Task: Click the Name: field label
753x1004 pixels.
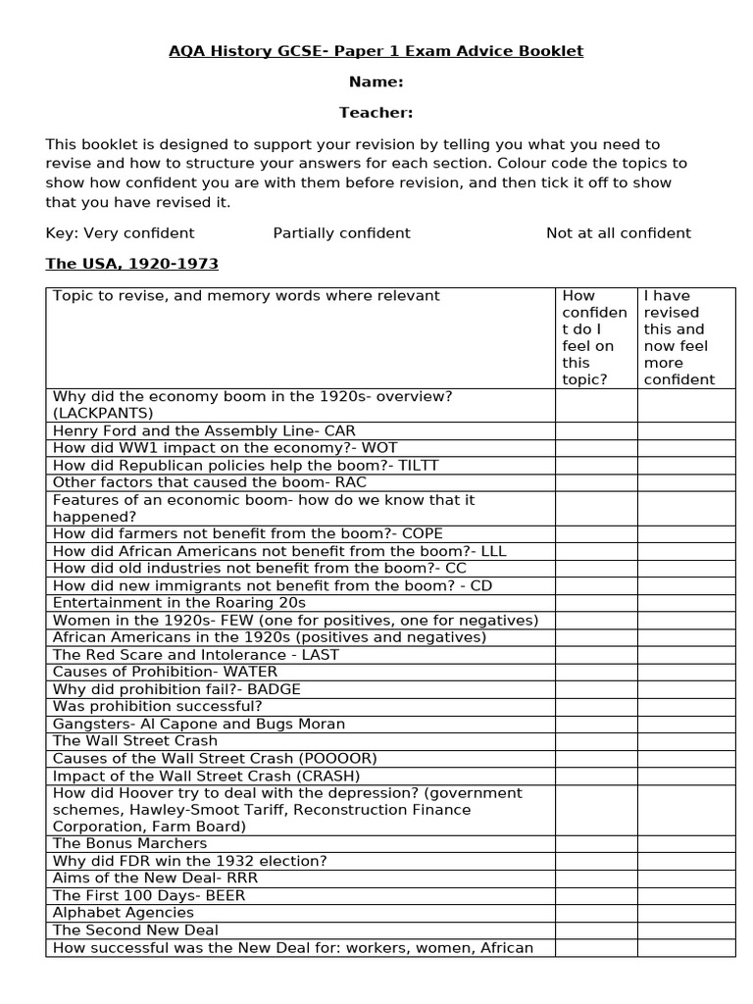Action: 376,82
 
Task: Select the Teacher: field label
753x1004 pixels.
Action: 376,113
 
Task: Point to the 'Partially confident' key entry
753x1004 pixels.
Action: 341,233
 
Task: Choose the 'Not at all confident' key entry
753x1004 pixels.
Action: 618,233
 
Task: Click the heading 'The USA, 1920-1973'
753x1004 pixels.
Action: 131,265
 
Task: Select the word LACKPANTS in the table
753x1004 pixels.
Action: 102,414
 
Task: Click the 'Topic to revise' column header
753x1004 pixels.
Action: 246,296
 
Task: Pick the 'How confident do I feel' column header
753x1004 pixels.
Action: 595,337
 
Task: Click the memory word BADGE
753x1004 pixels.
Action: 274,689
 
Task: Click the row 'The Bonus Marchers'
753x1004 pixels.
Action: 129,843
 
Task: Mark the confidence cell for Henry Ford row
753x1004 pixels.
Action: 596,431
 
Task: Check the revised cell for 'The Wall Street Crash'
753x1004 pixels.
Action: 685,741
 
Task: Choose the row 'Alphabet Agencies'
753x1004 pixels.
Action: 124,913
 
